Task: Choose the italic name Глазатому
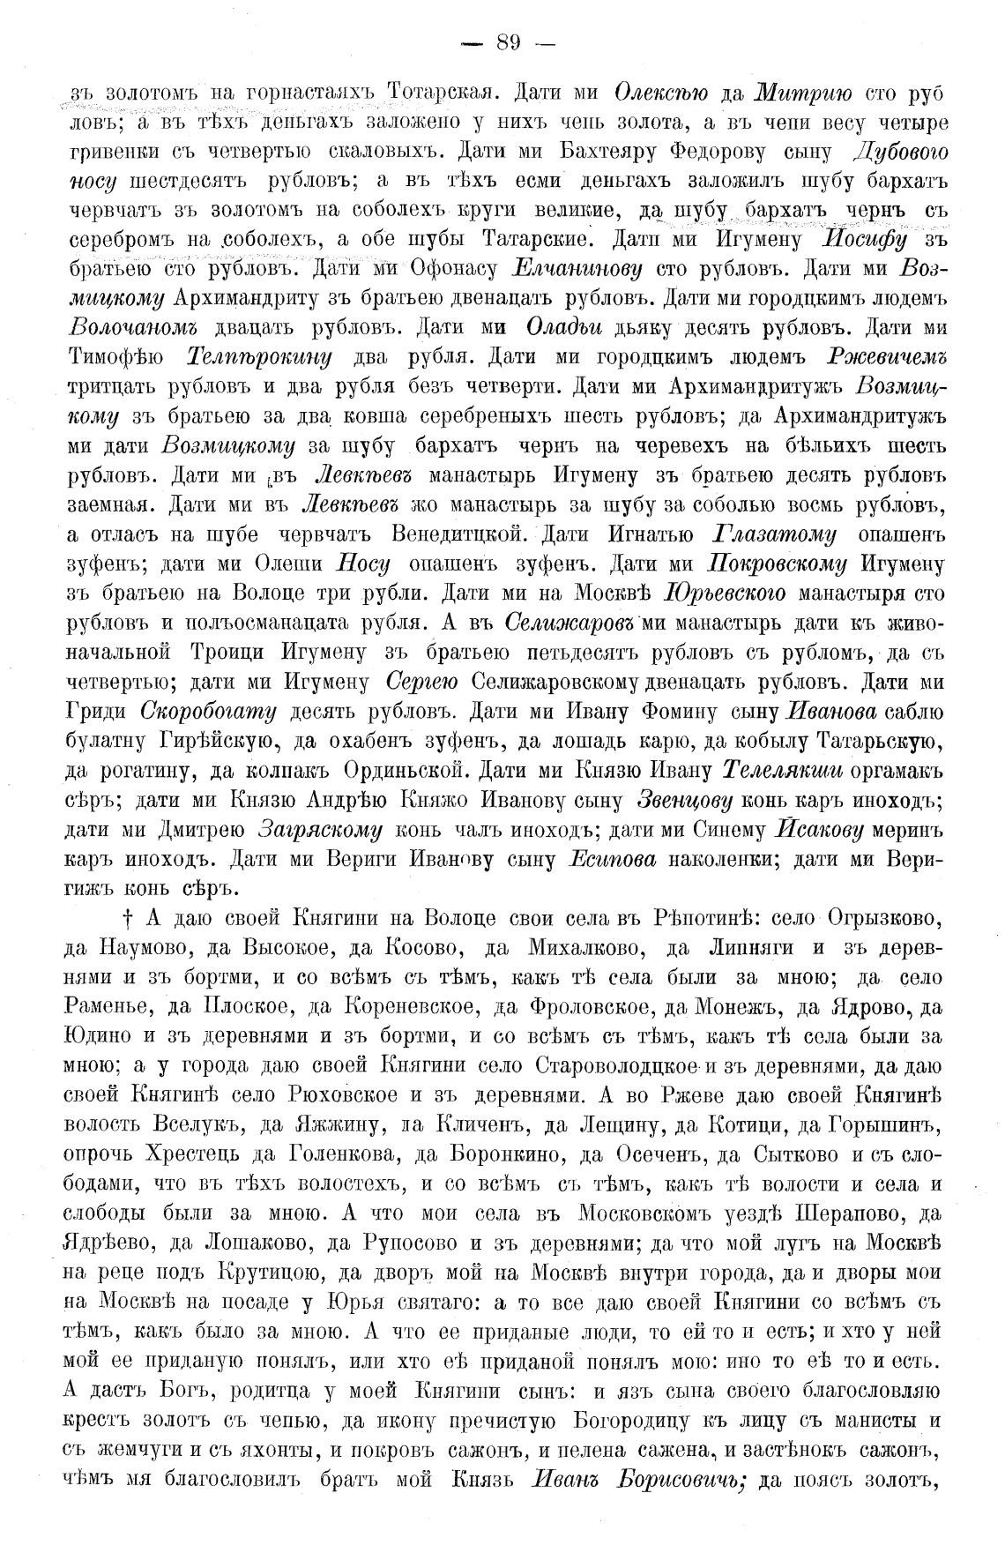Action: pos(772,534)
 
